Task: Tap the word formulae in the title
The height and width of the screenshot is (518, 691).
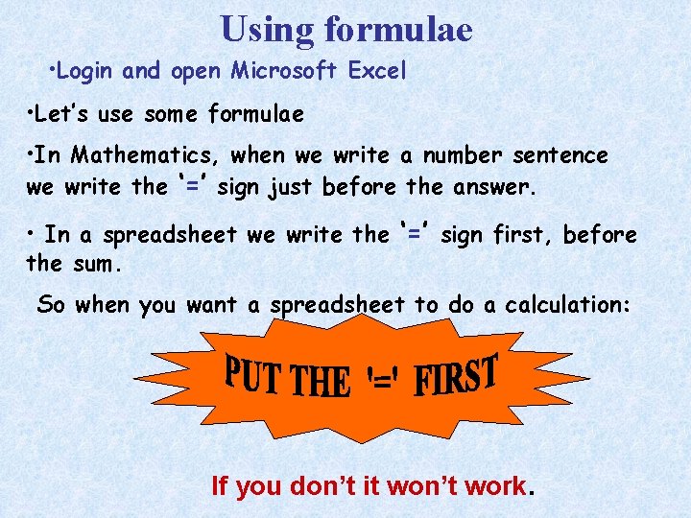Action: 398,29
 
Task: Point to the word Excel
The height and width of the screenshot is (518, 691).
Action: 378,70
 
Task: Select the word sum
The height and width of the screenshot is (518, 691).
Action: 91,262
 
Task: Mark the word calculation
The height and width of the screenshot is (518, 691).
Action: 567,305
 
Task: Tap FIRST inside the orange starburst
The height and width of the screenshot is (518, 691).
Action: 457,376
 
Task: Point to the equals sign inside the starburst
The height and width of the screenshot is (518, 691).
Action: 382,382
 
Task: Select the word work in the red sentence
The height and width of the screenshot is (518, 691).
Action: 495,486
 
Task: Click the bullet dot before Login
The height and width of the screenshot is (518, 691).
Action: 52,70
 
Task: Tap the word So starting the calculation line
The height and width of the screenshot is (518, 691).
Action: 52,305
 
